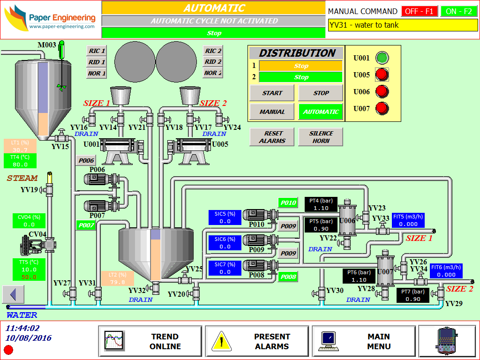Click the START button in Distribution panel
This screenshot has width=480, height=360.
pyautogui.click(x=272, y=93)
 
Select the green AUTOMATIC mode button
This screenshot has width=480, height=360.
pyautogui.click(x=321, y=112)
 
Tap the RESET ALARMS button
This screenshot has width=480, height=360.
pyautogui.click(x=272, y=137)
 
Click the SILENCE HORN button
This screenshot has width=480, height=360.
pyautogui.click(x=321, y=137)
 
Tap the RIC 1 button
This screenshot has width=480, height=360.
pyautogui.click(x=97, y=51)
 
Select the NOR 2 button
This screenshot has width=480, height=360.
pyautogui.click(x=213, y=73)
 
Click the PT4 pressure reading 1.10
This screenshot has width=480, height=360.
pyautogui.click(x=321, y=208)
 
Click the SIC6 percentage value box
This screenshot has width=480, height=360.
pyautogui.click(x=225, y=247)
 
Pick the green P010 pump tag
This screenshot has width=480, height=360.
pyautogui.click(x=288, y=202)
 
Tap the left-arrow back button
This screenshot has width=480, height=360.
pyautogui.click(x=13, y=294)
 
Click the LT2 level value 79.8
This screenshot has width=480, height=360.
pyautogui.click(x=118, y=282)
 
